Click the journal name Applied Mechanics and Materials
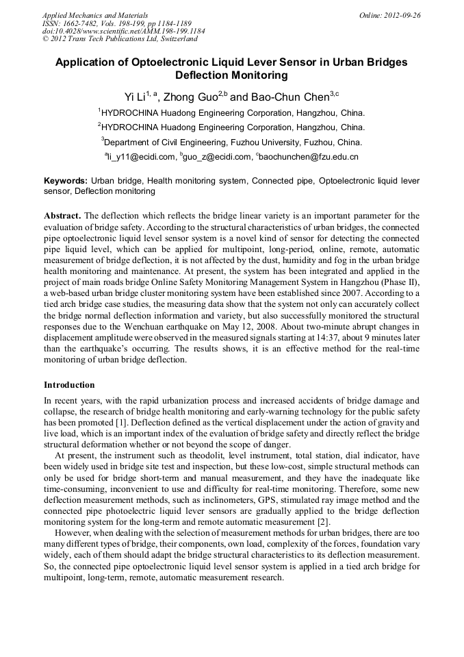coord(95,15)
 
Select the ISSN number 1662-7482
coord(82,23)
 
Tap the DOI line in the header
coord(123,32)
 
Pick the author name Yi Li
coord(136,97)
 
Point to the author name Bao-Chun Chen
coord(291,97)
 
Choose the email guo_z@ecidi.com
coord(218,158)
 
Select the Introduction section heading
coord(69,385)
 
